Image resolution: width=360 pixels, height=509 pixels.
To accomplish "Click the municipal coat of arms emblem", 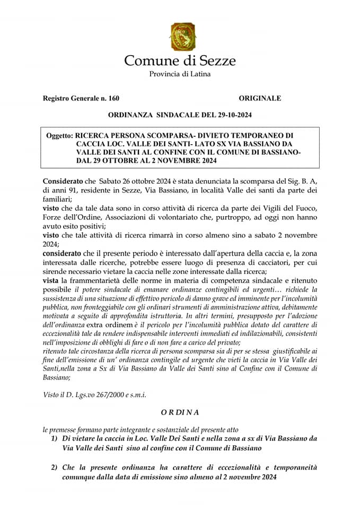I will [182, 36].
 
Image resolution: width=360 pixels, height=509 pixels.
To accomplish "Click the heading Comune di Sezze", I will [180, 60].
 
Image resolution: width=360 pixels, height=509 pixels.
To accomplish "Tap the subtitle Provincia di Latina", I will [180, 74].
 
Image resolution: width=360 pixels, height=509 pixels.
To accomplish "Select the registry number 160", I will [113, 98].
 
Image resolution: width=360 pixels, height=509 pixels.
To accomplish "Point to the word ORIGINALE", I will [260, 98].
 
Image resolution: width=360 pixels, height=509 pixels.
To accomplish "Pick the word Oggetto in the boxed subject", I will [59, 136].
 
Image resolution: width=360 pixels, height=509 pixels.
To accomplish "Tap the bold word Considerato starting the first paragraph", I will [62, 181].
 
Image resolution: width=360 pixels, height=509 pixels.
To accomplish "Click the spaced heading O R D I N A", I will [180, 411].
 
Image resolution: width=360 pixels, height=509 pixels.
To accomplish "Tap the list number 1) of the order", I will [55, 439].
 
